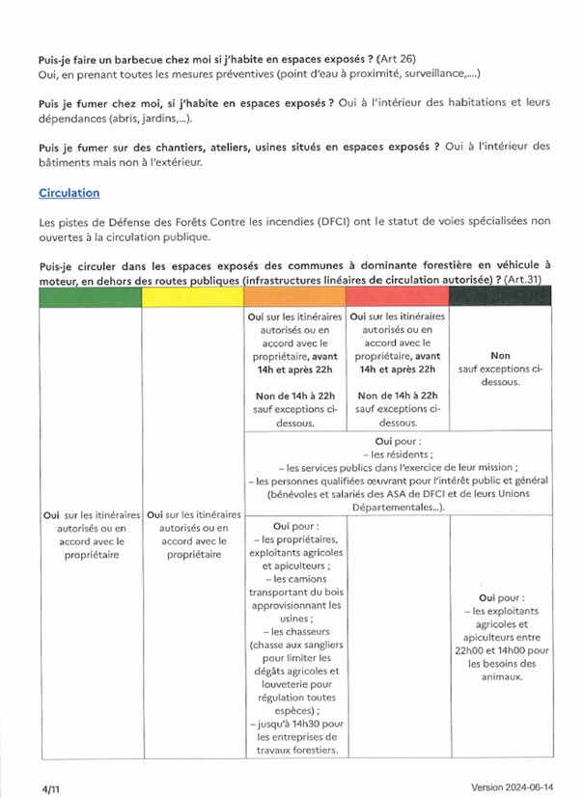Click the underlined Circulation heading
coord(70,193)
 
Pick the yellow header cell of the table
coord(192,297)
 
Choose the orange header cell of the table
coord(293,297)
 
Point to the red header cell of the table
coord(398,297)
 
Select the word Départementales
coord(383,508)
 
